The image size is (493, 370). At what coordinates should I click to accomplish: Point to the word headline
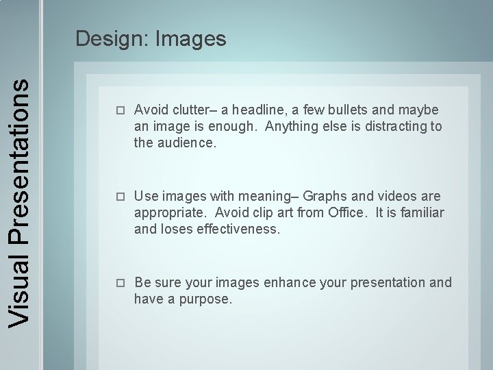(264, 110)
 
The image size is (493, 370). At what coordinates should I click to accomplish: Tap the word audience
(186, 144)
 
